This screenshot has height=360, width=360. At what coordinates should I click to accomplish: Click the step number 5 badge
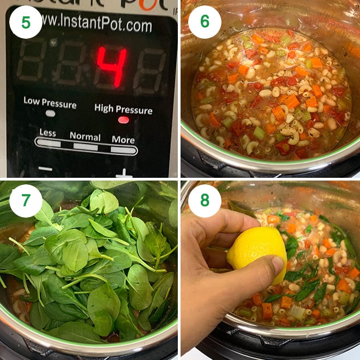[x=26, y=22]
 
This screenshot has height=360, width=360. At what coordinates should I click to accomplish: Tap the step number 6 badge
[x=205, y=22]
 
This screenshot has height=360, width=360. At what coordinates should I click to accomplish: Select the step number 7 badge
[x=26, y=201]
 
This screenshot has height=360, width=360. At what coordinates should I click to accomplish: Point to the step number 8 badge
[x=205, y=201]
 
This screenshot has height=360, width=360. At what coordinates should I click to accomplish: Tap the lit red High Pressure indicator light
[x=124, y=119]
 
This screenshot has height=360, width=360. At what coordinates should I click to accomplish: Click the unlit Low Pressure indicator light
[x=50, y=113]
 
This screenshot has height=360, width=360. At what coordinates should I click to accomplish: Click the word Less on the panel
[x=47, y=133]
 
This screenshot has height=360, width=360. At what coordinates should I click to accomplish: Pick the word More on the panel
[x=123, y=139]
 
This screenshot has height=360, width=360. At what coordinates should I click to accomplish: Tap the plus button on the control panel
[x=124, y=173]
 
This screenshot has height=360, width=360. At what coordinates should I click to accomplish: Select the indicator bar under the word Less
[x=49, y=143]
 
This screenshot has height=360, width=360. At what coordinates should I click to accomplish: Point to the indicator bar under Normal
[x=85, y=146]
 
